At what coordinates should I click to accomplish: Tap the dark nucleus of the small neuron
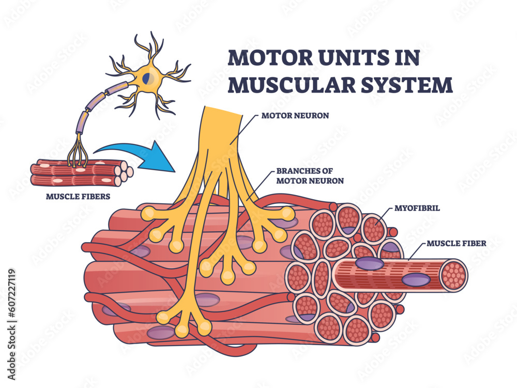pos(148,77)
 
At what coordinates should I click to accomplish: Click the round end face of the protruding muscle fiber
pos(454,275)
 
